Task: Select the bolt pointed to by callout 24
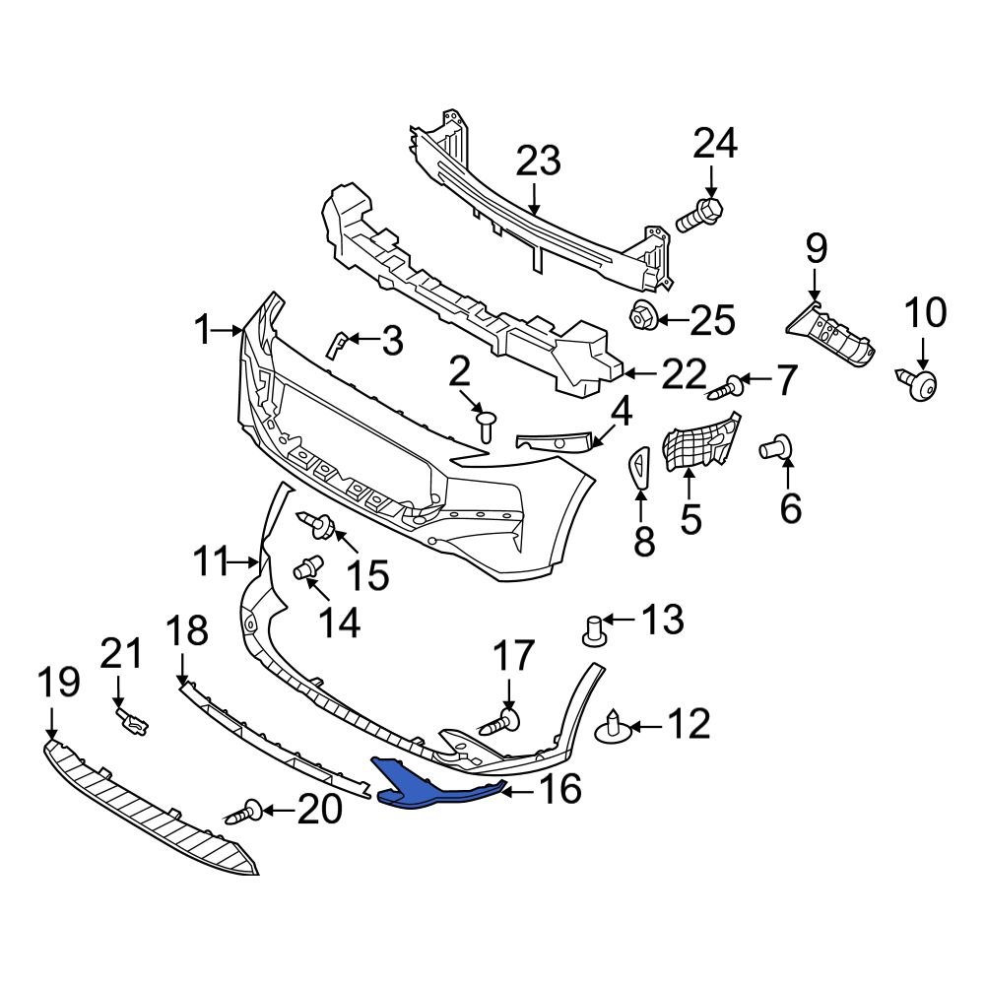(700, 214)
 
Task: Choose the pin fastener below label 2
(487, 427)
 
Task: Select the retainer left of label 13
(593, 631)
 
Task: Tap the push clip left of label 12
(612, 729)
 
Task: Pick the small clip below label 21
(132, 724)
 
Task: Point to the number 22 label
(683, 374)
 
